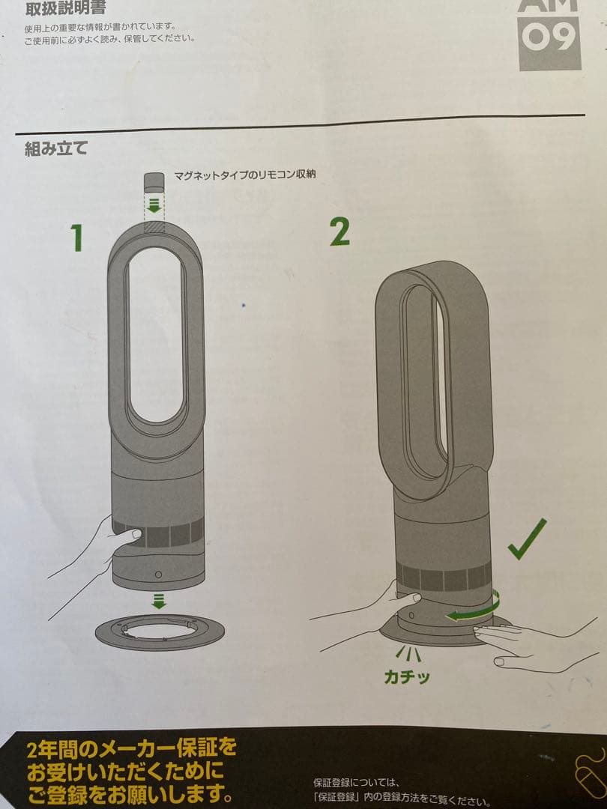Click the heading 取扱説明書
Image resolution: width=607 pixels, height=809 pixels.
(65, 9)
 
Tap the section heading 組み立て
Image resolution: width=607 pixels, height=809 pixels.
(56, 148)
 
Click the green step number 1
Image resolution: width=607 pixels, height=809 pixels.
(76, 237)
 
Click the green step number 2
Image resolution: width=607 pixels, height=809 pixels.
(339, 232)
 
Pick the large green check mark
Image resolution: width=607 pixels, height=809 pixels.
(527, 540)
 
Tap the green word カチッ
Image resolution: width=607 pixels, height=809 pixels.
(407, 677)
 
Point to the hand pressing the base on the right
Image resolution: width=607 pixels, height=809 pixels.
(525, 646)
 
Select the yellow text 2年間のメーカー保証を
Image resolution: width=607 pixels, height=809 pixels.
(131, 747)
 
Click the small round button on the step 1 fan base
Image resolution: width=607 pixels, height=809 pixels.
(158, 575)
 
